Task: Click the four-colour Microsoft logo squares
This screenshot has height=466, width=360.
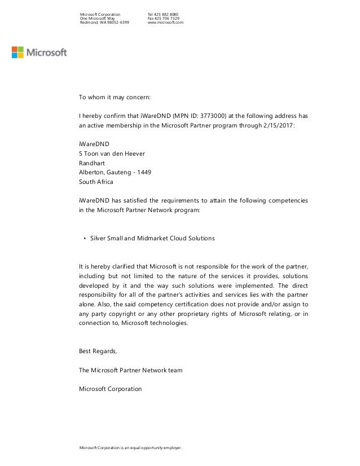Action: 19,52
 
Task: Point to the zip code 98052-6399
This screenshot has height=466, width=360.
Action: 117,23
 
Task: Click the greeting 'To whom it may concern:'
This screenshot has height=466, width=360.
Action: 115,97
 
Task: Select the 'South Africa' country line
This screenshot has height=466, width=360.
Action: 96,182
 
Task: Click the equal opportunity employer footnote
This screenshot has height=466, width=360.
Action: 134,448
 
